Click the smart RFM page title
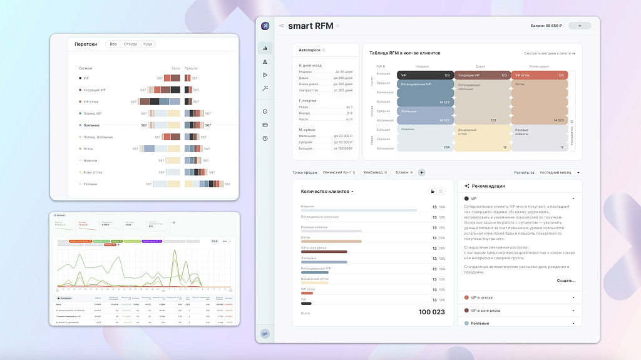310,26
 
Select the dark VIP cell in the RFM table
424,75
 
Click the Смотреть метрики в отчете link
549,53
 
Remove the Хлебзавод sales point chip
386,172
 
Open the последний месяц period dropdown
559,172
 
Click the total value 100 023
431,312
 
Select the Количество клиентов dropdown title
327,191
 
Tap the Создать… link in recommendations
565,280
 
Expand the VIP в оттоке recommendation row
573,297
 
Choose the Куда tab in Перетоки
147,44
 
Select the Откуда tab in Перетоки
130,44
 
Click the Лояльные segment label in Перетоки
91,125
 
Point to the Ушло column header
176,68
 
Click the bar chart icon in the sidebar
265,48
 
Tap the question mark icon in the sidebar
265,138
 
